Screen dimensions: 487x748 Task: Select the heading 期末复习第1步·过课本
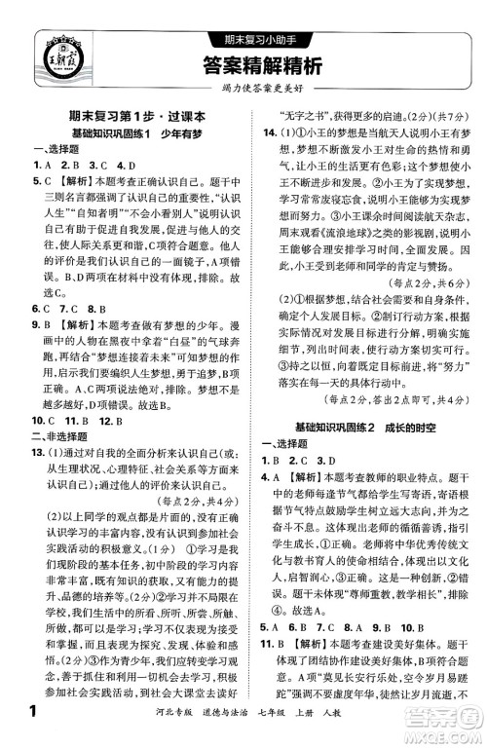tap(128, 114)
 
